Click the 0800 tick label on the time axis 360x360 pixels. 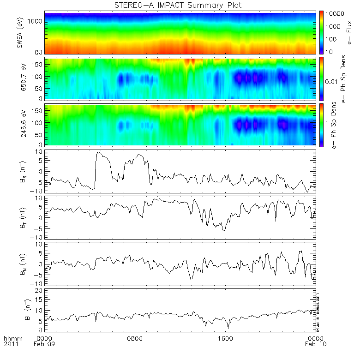[135, 338]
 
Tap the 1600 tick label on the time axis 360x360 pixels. [226, 338]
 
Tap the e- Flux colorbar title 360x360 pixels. [350, 32]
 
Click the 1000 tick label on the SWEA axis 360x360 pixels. [36, 21]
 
